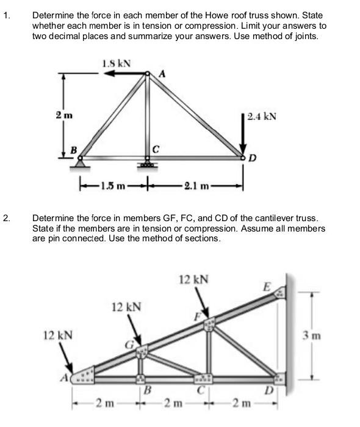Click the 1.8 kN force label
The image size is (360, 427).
117,62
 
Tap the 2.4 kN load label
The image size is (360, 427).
262,115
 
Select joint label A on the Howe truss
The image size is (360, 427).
162,73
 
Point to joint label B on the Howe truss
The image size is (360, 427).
74,150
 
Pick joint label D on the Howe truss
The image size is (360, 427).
252,159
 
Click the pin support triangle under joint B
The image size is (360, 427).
81,162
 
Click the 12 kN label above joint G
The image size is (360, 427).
126,306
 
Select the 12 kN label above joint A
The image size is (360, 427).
59,335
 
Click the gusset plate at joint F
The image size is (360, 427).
209,322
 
